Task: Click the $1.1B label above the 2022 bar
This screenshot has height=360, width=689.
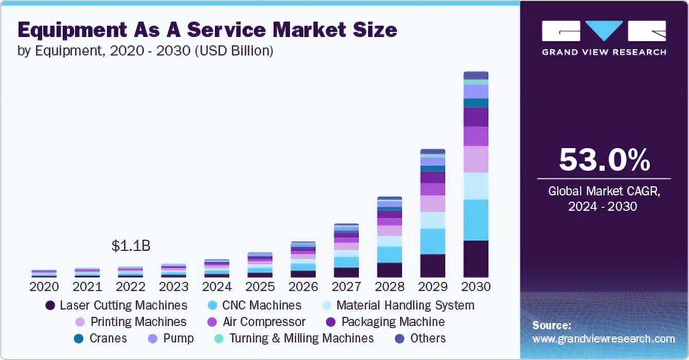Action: (x=131, y=246)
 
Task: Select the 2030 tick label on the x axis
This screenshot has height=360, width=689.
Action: (x=476, y=286)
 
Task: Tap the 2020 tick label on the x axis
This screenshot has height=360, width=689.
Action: (x=44, y=286)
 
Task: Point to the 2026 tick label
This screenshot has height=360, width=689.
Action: (x=303, y=286)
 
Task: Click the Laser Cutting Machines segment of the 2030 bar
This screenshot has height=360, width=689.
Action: (x=476, y=259)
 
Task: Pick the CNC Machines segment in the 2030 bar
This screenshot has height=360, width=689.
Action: (x=476, y=220)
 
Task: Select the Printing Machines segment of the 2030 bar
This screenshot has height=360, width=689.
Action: (x=476, y=159)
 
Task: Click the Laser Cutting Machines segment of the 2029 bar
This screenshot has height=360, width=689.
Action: (x=432, y=266)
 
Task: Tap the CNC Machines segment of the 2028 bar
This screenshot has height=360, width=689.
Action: (x=389, y=255)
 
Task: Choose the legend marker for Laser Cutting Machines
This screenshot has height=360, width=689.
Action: (x=50, y=305)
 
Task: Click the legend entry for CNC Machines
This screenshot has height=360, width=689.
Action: (x=261, y=305)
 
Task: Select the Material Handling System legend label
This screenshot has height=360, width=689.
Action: (x=405, y=305)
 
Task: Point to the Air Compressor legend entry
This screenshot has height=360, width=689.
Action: (x=264, y=322)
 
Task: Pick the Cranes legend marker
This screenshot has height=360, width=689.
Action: (x=79, y=338)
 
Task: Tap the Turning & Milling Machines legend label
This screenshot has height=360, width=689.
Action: (x=301, y=338)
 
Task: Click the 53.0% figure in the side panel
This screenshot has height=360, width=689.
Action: (x=604, y=159)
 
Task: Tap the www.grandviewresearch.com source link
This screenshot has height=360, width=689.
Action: (x=604, y=339)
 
